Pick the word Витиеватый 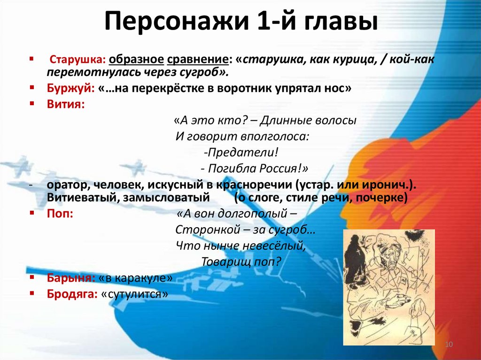click(x=78, y=198)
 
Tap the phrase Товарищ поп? click(x=241, y=261)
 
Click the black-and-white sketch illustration click(x=388, y=287)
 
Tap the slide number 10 click(x=448, y=345)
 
